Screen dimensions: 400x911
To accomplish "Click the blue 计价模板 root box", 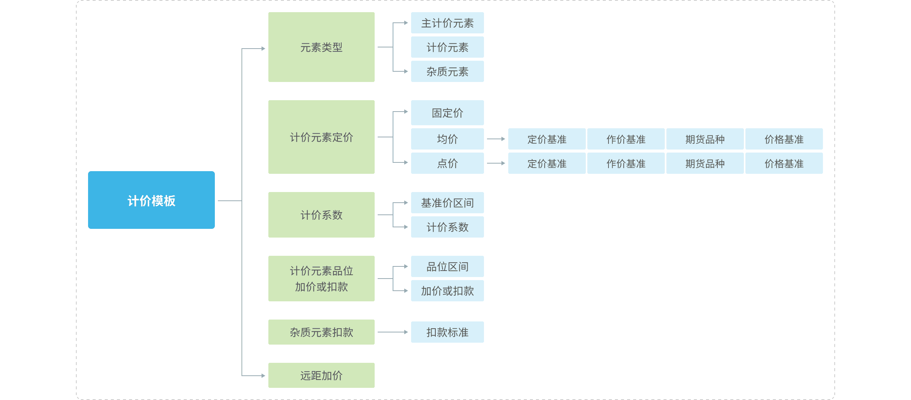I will click(x=151, y=200).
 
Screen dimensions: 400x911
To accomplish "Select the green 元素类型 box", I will click(x=321, y=47).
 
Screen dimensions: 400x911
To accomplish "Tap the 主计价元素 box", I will click(x=447, y=23).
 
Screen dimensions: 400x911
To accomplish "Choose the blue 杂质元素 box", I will click(x=447, y=71).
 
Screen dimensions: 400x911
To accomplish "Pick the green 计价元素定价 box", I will click(x=321, y=137).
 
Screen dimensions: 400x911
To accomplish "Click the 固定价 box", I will click(x=447, y=113).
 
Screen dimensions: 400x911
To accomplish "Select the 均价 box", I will click(x=447, y=139).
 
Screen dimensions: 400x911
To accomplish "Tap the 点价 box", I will click(x=447, y=163).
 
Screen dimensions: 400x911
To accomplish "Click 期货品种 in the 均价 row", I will click(x=705, y=139).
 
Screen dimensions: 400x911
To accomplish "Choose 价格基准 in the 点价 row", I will click(x=784, y=163).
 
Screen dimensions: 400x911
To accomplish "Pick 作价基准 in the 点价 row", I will click(x=626, y=163).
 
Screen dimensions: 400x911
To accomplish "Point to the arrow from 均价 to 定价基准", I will click(x=496, y=139).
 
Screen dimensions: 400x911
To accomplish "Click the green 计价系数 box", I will click(x=321, y=215).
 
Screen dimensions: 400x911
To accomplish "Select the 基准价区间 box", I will click(x=447, y=203).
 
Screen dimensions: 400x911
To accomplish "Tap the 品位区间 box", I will click(x=447, y=266).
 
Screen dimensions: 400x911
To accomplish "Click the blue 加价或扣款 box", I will click(x=447, y=291).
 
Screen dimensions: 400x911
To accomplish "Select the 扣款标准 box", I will click(x=447, y=332).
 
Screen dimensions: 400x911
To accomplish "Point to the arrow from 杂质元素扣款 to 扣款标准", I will click(x=392, y=332).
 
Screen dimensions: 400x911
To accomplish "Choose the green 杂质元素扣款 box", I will click(x=321, y=332).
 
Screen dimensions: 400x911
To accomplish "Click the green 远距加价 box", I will click(x=321, y=375).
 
